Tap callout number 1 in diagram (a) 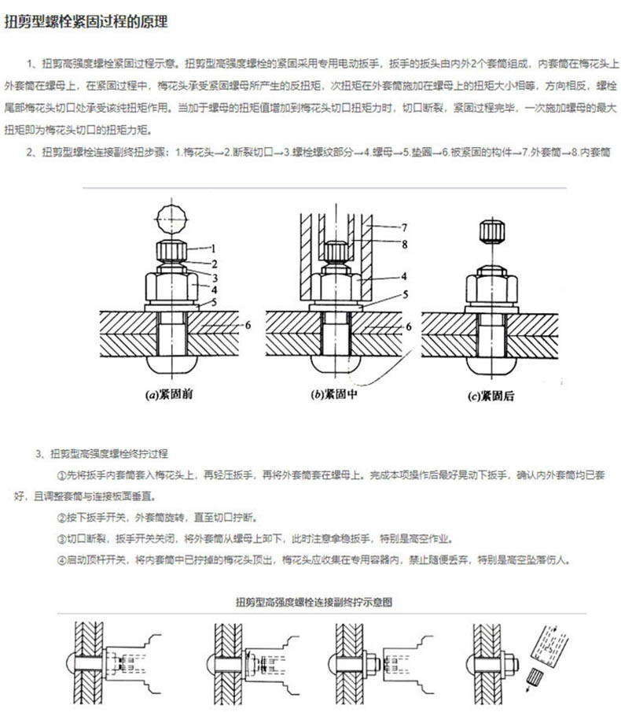213,248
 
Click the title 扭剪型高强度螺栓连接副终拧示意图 314,602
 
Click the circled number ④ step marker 63,560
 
